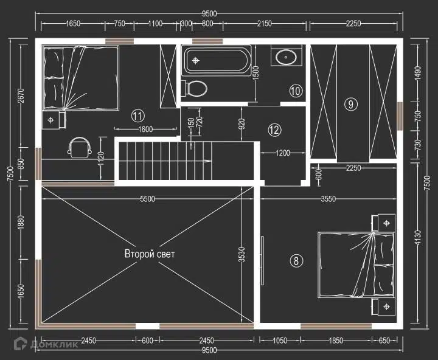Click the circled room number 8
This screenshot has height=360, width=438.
tap(296, 261)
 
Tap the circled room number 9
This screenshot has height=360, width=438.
tap(351, 105)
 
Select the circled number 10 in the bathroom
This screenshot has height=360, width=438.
tap(296, 91)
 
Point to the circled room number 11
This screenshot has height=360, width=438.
tap(138, 116)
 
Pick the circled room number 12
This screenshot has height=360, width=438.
tap(274, 130)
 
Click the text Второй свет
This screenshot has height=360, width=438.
tap(150, 254)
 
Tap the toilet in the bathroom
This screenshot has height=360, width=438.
tap(194, 89)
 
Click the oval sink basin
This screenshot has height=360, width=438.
tap(286, 57)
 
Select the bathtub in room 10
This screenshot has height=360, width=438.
tap(217, 61)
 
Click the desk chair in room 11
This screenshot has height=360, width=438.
tap(80, 148)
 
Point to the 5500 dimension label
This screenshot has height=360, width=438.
tap(147, 199)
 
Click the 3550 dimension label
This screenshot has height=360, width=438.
tap(328, 199)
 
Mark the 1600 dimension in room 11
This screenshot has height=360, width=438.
tap(145, 129)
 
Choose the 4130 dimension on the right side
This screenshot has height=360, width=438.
tap(417, 238)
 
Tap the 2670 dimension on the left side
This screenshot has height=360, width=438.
tap(21, 96)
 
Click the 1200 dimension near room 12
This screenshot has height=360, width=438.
tap(283, 153)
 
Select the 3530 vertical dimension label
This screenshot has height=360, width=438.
tap(242, 254)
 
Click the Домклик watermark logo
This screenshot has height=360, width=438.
tap(46, 344)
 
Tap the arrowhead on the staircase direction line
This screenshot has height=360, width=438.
tap(207, 161)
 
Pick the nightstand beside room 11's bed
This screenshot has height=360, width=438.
tap(54, 120)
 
